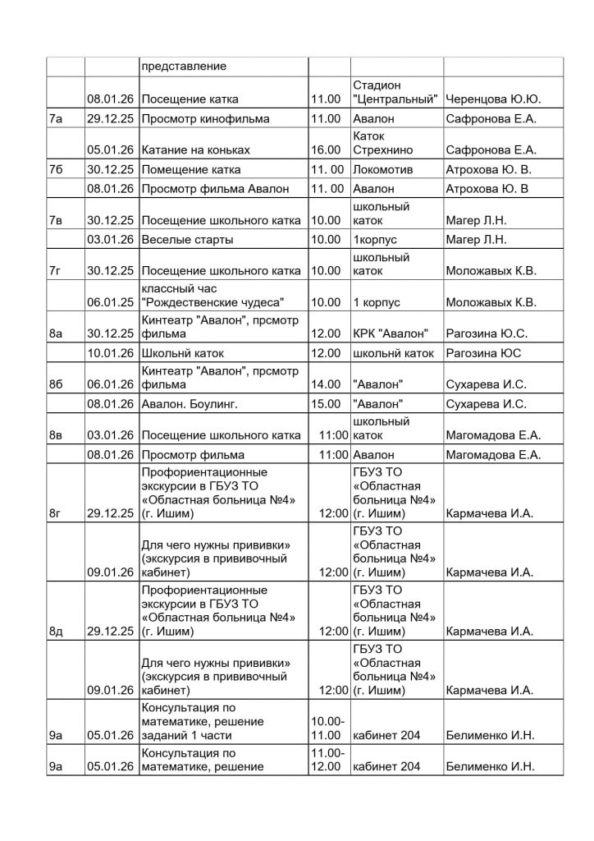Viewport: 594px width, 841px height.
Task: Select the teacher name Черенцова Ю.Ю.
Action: click(x=491, y=99)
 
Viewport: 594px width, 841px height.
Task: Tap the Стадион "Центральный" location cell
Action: click(x=395, y=92)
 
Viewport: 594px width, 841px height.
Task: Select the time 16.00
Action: click(x=326, y=150)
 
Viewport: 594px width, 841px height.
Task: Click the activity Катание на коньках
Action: click(x=195, y=150)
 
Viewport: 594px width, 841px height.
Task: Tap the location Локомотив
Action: click(x=382, y=169)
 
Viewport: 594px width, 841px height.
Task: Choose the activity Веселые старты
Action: click(x=187, y=240)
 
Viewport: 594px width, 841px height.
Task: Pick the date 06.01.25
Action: click(x=111, y=301)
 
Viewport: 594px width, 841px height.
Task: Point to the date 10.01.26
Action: click(x=111, y=353)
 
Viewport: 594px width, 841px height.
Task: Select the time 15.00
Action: click(x=326, y=404)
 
